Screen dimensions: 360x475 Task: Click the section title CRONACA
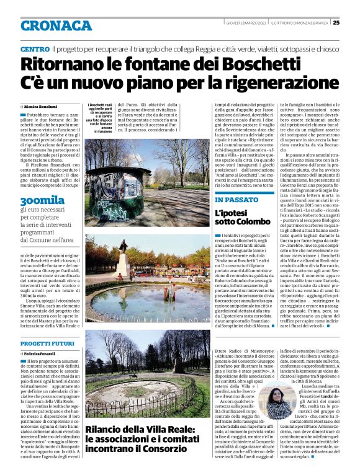click(56, 25)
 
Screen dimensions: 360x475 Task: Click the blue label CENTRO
click(35, 49)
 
